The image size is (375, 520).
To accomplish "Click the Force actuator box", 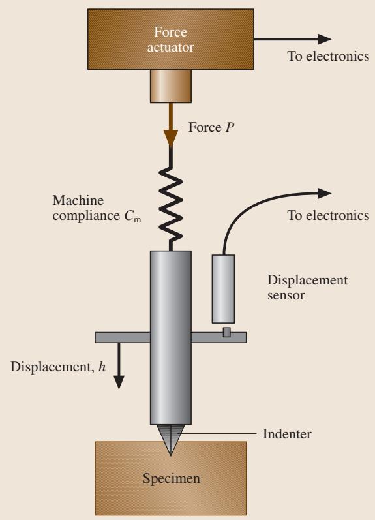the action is tap(171, 39).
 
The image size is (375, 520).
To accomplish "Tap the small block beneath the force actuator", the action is tap(171, 86).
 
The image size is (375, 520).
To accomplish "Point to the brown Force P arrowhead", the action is tap(171, 138).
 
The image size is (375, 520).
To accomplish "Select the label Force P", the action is tap(211, 127).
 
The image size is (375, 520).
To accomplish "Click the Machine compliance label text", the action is tap(97, 208).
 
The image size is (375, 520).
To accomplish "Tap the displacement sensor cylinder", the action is tap(223, 289).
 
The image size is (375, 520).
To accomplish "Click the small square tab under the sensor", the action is tap(226, 332).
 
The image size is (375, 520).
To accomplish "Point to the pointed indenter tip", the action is tap(171, 455).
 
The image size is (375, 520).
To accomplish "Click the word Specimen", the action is tap(172, 478).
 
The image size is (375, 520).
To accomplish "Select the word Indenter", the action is tap(287, 434).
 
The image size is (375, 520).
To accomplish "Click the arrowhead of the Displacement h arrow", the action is tap(119, 382).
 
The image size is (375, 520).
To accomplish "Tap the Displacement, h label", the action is tap(58, 367).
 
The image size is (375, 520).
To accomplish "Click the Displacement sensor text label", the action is tap(307, 288).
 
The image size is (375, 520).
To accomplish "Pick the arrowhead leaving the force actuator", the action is tap(324, 39).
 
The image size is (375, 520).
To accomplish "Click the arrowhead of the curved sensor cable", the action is tap(324, 193).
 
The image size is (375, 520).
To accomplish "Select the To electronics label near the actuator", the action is tap(328, 56).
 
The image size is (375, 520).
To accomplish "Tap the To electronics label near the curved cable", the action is tap(328, 215).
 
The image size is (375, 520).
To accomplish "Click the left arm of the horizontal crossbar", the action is tap(123, 337).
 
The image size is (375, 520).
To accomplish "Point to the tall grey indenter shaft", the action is tap(171, 337).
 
